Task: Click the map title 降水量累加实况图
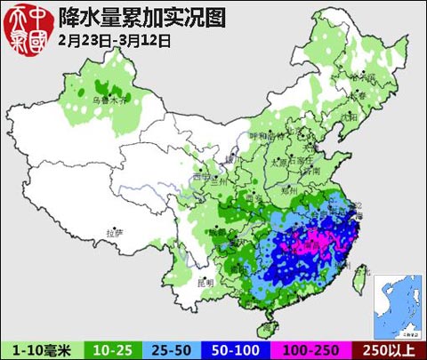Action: click(x=141, y=17)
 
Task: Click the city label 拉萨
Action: click(x=111, y=232)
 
